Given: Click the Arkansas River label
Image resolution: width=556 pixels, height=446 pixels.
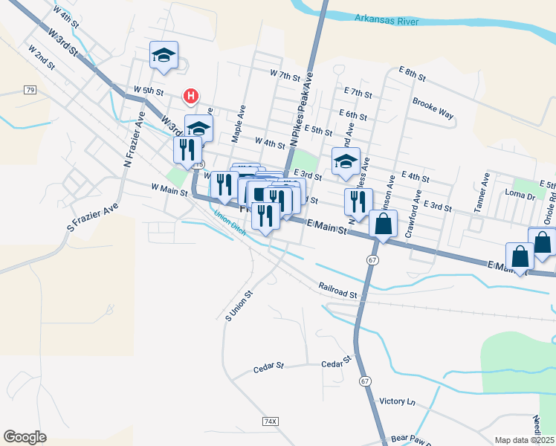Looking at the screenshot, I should pyautogui.click(x=384, y=18).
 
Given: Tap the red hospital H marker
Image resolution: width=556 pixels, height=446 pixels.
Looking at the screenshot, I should pyautogui.click(x=192, y=96).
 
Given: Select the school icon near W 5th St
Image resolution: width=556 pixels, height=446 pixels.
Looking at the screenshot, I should pyautogui.click(x=164, y=56).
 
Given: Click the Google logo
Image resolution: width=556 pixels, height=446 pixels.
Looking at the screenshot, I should pyautogui.click(x=25, y=437).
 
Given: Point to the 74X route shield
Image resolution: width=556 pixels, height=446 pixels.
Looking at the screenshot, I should pyautogui.click(x=271, y=421).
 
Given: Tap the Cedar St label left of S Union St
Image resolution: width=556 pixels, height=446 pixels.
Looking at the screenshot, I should pyautogui.click(x=269, y=366).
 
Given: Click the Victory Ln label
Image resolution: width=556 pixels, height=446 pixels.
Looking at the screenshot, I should pyautogui.click(x=397, y=401).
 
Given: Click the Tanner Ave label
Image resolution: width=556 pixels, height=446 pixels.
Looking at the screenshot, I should pyautogui.click(x=481, y=193).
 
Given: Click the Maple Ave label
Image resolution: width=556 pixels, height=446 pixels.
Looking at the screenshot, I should pyautogui.click(x=238, y=123).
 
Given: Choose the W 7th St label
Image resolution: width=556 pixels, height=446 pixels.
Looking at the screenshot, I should pyautogui.click(x=285, y=76).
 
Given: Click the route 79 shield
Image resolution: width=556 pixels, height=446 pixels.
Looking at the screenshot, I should pyautogui.click(x=29, y=90).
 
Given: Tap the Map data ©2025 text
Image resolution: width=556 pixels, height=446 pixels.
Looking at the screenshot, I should pyautogui.click(x=523, y=440).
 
